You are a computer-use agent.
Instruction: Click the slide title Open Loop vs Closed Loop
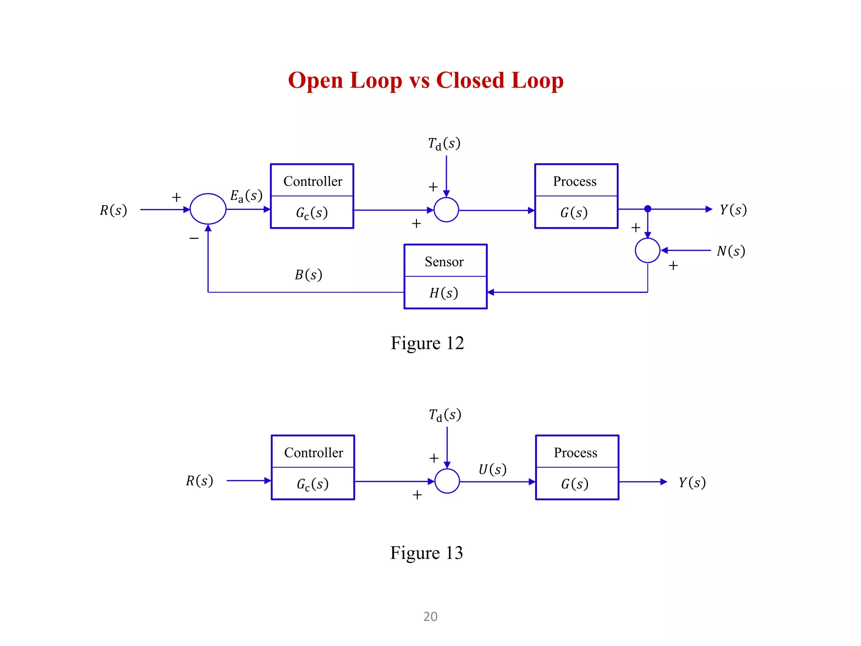(425, 80)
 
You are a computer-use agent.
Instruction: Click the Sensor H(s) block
(445, 276)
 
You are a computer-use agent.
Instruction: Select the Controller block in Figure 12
(312, 196)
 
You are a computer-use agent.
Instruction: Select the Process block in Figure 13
(577, 467)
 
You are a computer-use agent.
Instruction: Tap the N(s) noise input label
(731, 251)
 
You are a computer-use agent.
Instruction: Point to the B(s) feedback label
(308, 275)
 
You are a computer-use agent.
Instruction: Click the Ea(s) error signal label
(246, 196)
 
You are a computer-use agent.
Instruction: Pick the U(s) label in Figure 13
(492, 469)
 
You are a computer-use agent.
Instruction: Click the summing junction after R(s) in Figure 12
(208, 209)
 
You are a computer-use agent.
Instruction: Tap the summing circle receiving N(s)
(647, 251)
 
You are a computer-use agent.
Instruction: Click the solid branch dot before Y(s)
(648, 209)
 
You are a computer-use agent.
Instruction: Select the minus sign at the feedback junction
(194, 238)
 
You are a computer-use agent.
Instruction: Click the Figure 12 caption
(427, 343)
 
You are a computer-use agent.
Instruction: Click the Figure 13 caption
(426, 553)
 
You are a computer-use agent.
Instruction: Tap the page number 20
(430, 617)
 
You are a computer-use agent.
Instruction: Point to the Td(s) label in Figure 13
(445, 415)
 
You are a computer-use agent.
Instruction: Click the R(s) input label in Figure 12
(113, 210)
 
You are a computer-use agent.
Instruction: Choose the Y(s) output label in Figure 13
(692, 482)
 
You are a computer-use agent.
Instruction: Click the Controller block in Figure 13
(313, 467)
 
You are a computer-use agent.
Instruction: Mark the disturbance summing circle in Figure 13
(447, 481)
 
